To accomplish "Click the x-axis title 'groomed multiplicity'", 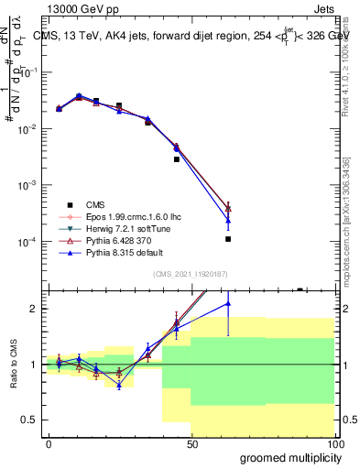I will click(x=286, y=456).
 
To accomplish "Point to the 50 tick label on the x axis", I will click(x=191, y=442).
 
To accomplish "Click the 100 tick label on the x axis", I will click(x=334, y=442).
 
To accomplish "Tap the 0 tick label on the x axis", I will click(x=49, y=442).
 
